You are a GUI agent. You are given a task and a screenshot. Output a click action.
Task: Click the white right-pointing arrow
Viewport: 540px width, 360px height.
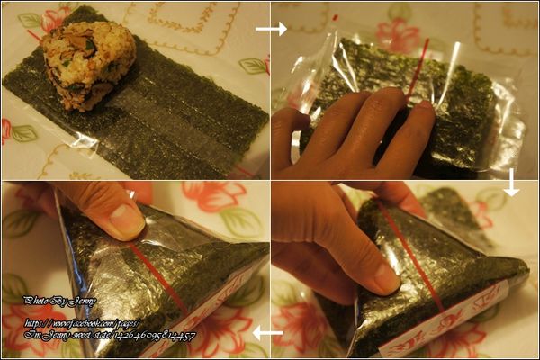273,29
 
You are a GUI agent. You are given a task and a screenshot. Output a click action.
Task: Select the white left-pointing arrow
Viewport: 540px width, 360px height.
267,334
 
